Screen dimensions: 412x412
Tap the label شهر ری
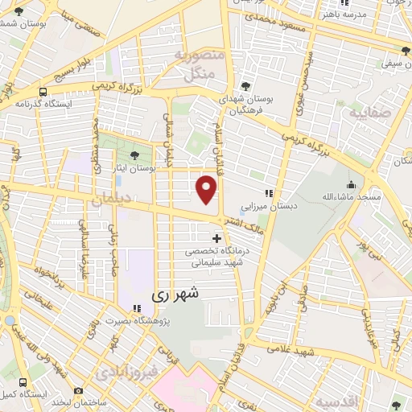pyautogui.click(x=174, y=295)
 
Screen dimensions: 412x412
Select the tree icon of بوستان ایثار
pyautogui.click(x=134, y=154)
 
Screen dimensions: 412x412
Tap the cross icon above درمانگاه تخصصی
pyautogui.click(x=216, y=238)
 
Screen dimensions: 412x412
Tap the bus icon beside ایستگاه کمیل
pyautogui.click(x=22, y=383)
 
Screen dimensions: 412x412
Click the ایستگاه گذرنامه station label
pyautogui.click(x=44, y=104)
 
